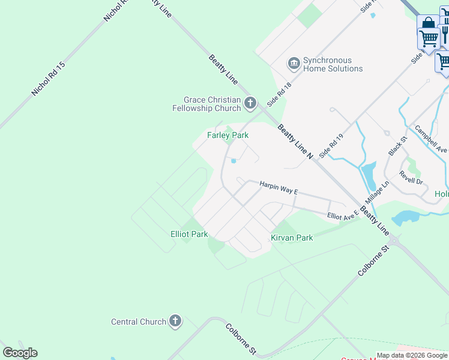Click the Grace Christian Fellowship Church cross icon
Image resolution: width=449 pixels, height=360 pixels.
(250, 104)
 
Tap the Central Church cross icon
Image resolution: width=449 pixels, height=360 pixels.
(175, 322)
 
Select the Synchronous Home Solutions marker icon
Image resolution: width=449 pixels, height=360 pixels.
(294, 64)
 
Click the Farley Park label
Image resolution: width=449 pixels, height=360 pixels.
(228, 136)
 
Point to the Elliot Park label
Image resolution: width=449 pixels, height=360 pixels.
(189, 234)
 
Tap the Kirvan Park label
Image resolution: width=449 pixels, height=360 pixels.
(292, 238)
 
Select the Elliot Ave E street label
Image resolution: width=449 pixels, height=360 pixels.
(343, 214)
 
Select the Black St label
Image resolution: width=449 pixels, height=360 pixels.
(397, 146)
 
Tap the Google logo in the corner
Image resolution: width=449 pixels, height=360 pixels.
(20, 353)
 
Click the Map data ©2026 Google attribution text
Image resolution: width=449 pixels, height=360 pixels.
(412, 355)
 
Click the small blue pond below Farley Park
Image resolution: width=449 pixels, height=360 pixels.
(234, 160)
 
